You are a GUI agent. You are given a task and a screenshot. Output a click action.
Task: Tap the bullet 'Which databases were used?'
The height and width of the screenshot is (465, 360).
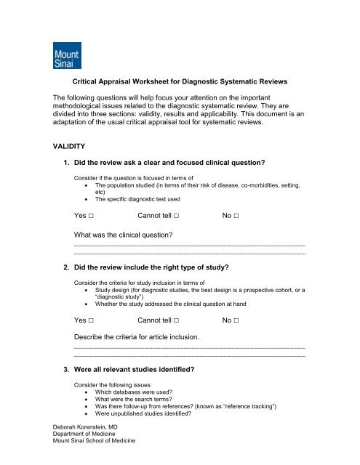[x=138, y=398]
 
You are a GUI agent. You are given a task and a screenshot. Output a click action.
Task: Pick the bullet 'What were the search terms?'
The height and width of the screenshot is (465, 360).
[x=136, y=407]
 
